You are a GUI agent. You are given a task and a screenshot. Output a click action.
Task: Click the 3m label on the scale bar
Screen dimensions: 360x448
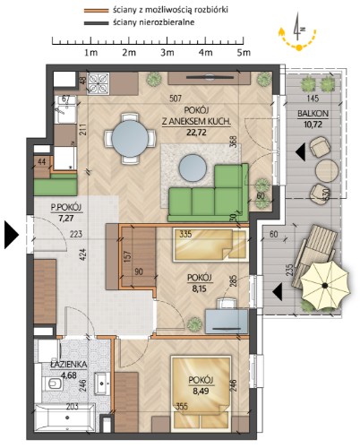167,53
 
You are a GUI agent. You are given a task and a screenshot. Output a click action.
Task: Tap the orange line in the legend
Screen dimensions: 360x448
96,11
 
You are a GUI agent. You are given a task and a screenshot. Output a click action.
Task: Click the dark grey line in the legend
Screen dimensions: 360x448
96,22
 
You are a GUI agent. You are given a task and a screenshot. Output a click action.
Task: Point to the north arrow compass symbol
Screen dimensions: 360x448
297,31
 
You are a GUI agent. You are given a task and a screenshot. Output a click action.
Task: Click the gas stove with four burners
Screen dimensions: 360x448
98,83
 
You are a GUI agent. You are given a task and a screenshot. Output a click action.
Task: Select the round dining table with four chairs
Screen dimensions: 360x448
130,138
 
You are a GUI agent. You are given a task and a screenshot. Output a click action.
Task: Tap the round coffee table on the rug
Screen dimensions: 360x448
193,168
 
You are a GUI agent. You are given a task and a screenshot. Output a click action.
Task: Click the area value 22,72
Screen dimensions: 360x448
196,132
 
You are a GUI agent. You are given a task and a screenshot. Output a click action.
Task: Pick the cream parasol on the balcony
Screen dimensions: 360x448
324,286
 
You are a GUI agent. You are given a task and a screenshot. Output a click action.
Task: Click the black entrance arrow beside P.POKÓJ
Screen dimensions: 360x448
12,235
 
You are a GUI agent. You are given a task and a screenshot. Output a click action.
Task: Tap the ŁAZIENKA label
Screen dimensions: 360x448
69,365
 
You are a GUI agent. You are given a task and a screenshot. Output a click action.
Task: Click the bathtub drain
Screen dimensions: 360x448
68,418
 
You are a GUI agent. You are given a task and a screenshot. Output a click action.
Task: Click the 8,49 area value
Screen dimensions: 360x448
201,391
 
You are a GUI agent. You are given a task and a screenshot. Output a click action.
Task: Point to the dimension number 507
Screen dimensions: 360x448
176,99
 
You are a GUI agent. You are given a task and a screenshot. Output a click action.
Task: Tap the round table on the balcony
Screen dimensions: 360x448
327,170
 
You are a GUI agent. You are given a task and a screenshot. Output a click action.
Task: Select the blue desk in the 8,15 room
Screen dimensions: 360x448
227,322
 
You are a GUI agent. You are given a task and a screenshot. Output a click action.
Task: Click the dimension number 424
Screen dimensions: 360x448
83,254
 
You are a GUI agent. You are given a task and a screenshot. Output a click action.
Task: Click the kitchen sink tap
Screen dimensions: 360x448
61,110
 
